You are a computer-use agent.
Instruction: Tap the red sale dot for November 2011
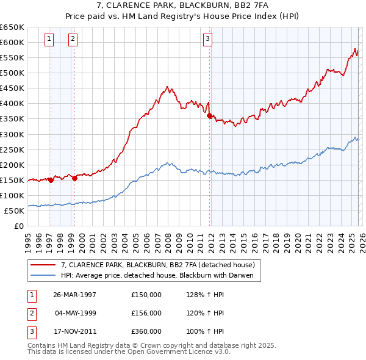pos(210,115)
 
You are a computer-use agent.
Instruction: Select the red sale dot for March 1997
pos(51,180)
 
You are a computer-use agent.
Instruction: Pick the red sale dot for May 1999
pos(74,178)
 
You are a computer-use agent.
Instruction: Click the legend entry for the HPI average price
pos(160,276)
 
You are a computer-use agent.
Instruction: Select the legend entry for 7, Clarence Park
pos(161,265)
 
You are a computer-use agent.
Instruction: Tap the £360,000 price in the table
pos(146,331)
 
